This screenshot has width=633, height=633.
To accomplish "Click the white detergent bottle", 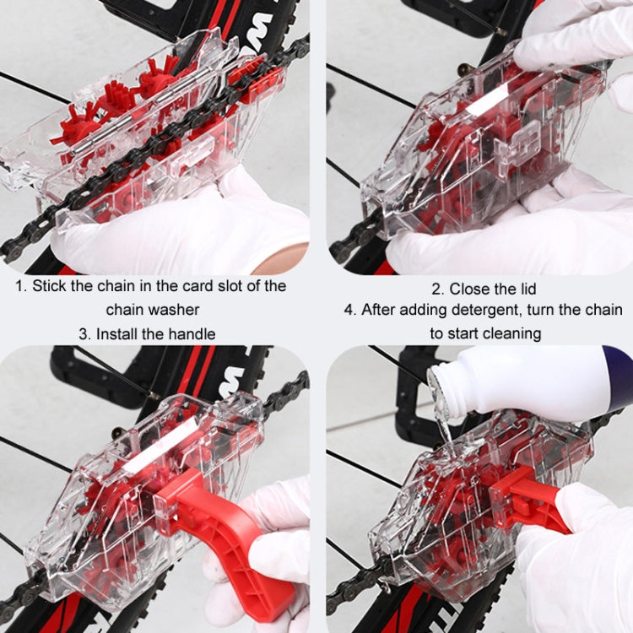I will click(x=540, y=381).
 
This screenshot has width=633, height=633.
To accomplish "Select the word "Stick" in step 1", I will click(x=50, y=285).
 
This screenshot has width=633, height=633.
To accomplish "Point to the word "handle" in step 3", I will click(x=192, y=333).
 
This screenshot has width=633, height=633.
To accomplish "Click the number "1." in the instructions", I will click(x=21, y=285).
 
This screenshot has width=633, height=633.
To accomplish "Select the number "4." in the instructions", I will click(x=350, y=310).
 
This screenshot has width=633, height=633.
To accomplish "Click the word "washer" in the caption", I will click(x=180, y=310).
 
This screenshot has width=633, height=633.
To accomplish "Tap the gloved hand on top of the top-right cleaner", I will click(x=574, y=34).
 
